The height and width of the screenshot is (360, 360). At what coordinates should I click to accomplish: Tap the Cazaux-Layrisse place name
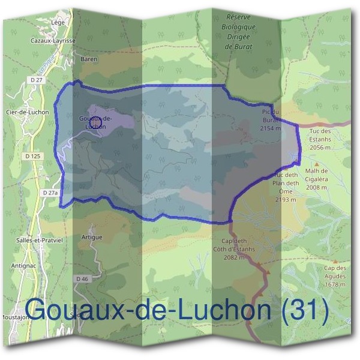[53, 41]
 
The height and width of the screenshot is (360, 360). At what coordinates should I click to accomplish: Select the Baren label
[88, 60]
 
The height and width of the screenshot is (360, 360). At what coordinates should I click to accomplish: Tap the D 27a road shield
[50, 193]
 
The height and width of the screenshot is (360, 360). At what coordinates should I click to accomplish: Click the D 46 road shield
[82, 279]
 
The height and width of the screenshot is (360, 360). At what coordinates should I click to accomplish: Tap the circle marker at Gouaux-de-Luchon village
[98, 121]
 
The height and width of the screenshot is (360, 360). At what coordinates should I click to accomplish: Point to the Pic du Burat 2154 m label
[271, 120]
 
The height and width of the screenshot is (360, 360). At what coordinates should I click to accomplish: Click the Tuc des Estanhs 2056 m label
[320, 139]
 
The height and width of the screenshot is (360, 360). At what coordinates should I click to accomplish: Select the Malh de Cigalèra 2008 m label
[316, 179]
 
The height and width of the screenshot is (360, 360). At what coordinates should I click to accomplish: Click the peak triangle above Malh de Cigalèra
[317, 164]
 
